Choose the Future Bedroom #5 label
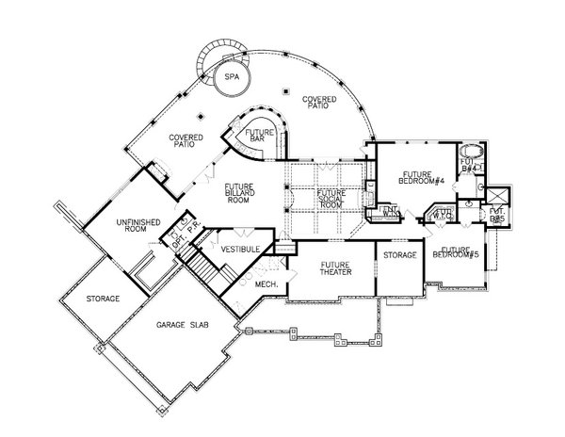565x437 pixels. [456, 254]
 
